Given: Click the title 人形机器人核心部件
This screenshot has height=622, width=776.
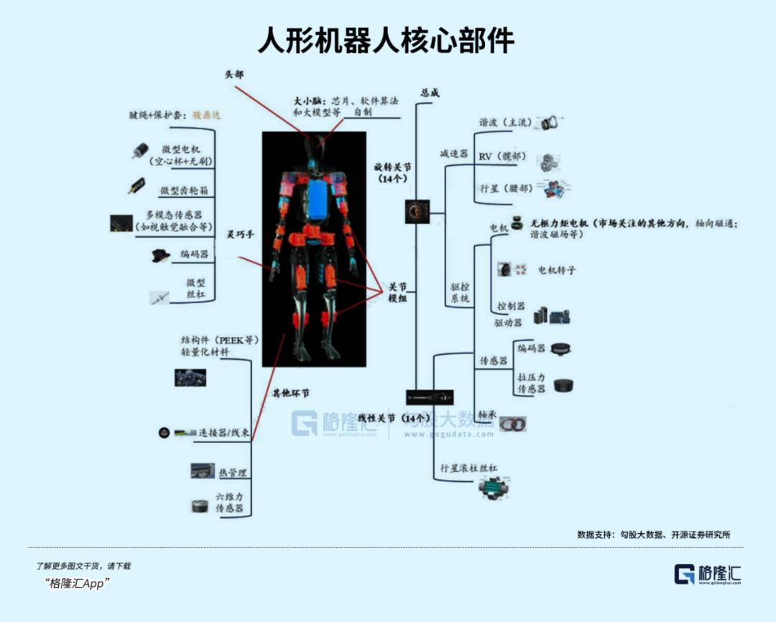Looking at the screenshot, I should click(387, 40).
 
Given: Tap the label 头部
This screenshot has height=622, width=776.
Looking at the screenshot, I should click(234, 74).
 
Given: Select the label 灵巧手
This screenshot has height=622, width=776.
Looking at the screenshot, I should click(241, 234).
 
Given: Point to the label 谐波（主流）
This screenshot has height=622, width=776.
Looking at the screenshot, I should click(506, 123).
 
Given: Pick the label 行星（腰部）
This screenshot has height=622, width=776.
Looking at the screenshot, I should click(506, 189).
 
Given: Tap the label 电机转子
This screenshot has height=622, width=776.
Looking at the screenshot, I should click(557, 270).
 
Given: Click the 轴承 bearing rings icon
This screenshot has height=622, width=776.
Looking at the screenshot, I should click(513, 424).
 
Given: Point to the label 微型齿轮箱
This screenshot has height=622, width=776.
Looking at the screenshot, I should click(185, 190).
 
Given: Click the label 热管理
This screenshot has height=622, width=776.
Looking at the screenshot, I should click(233, 473).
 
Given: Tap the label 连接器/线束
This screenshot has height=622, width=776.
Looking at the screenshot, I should click(224, 433).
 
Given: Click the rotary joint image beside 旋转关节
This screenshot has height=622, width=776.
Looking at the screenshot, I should click(417, 210).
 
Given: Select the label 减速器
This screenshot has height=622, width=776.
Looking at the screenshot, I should click(453, 154).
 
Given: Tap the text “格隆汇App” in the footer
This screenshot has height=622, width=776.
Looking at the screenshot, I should click(76, 583).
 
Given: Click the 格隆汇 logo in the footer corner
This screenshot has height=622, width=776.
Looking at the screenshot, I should click(707, 574).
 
